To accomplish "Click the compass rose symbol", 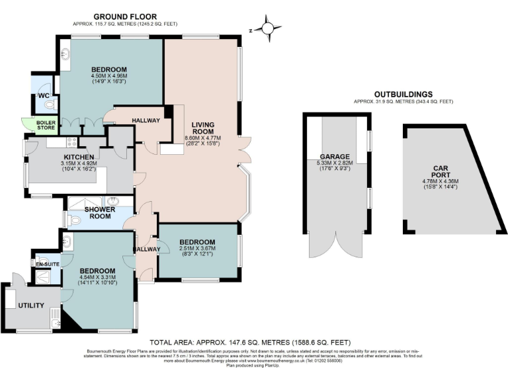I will (x=267, y=28).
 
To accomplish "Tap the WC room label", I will (x=44, y=95).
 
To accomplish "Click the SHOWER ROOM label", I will (x=100, y=213).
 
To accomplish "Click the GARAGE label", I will (x=335, y=157).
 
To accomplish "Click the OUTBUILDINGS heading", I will (x=403, y=95).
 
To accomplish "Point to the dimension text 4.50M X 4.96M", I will (x=109, y=75).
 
